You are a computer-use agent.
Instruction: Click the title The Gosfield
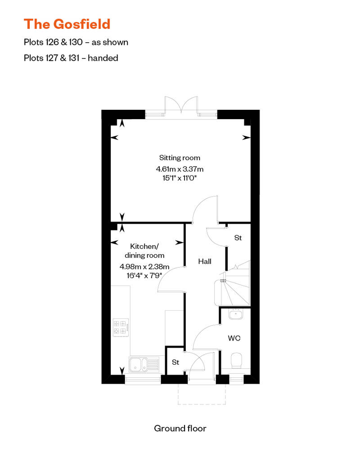click(67, 24)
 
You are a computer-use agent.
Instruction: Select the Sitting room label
click(180, 158)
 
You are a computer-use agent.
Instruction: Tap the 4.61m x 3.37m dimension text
click(180, 169)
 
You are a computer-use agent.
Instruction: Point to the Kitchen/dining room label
click(144, 251)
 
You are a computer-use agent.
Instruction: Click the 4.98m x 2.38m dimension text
click(144, 267)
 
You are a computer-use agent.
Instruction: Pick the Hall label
click(205, 261)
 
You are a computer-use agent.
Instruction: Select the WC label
click(234, 338)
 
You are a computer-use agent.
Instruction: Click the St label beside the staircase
click(238, 238)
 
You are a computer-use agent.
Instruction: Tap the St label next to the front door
click(175, 362)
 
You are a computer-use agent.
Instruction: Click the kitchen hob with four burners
click(121, 327)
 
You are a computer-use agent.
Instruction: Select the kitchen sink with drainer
click(144, 364)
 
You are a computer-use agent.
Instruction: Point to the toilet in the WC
click(237, 360)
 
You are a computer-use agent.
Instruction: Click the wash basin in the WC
click(236, 314)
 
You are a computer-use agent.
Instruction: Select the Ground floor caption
click(180, 428)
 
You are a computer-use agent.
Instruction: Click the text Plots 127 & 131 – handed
click(71, 58)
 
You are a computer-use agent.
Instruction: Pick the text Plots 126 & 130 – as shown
click(76, 42)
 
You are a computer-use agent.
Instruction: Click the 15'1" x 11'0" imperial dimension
click(180, 178)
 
